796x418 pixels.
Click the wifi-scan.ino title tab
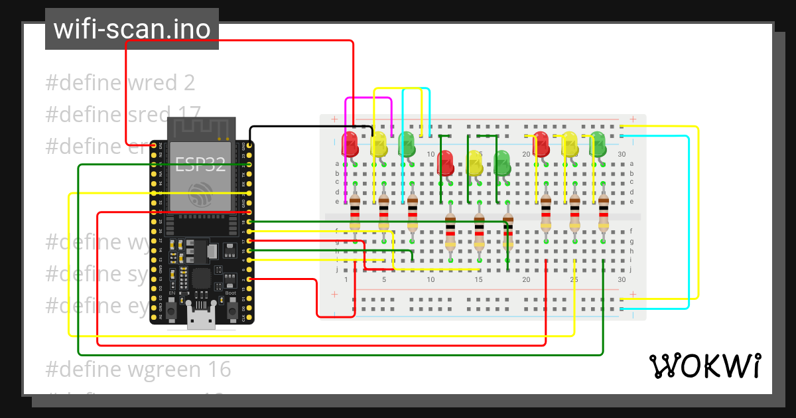(131, 29)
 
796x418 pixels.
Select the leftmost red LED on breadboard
(349, 143)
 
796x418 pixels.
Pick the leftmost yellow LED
(378, 143)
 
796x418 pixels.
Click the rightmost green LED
(598, 143)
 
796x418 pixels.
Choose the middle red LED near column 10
(445, 162)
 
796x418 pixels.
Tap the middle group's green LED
(502, 162)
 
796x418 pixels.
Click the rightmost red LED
(541, 143)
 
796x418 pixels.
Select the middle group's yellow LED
(474, 162)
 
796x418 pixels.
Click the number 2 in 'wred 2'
(189, 83)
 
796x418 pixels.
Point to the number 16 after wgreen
(220, 369)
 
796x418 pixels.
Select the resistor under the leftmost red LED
(355, 214)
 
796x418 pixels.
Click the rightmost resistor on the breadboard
(603, 214)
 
